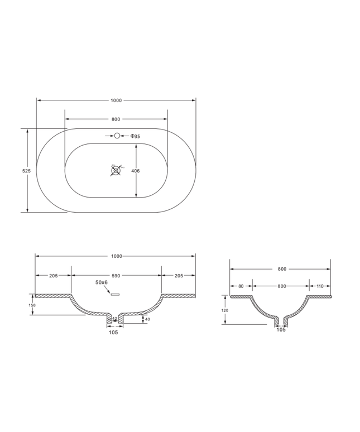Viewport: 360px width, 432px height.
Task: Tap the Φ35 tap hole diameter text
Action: [x=135, y=136]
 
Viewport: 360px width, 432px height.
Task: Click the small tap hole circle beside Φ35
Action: [x=117, y=136]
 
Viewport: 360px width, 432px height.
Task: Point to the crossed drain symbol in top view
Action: [x=116, y=170]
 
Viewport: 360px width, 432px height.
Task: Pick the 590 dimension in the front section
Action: [x=116, y=275]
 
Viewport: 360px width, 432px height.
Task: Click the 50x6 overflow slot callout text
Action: [x=101, y=283]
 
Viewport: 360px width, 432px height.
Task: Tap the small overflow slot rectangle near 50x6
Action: [x=116, y=293]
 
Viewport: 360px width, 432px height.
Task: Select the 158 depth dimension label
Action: [x=32, y=305]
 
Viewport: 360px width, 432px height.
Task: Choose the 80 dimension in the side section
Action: [x=241, y=286]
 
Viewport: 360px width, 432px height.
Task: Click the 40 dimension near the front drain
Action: [x=147, y=319]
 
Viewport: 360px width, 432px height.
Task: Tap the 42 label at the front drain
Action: [x=114, y=319]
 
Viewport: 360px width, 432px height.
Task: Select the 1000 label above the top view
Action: [x=116, y=100]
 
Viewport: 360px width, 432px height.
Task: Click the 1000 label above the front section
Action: [x=116, y=256]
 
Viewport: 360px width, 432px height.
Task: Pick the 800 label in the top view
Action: [x=116, y=119]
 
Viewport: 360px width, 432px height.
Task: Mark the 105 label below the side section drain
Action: [x=281, y=330]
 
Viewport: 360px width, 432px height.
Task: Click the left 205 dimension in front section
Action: [x=54, y=275]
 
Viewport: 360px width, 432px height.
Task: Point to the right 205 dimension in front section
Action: [x=178, y=275]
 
